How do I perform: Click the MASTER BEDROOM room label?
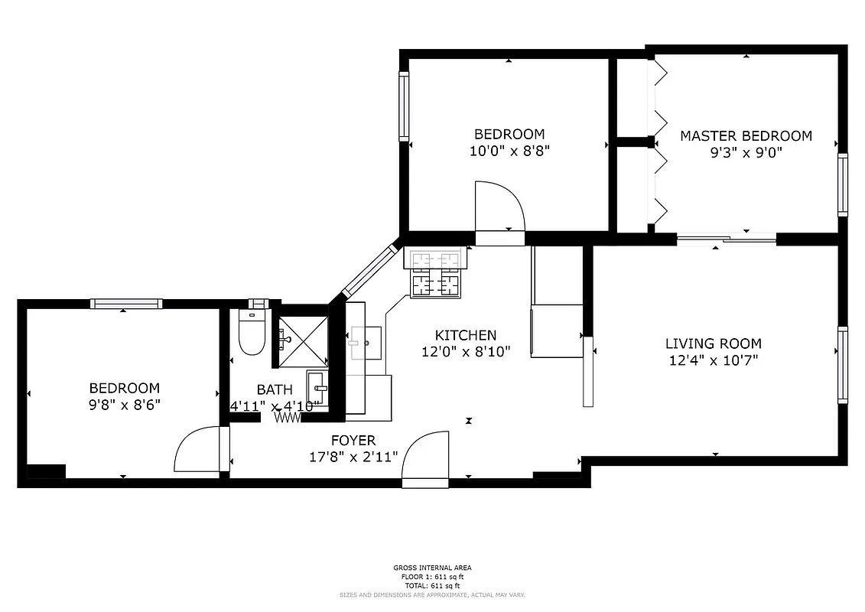746,136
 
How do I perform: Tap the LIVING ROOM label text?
713,344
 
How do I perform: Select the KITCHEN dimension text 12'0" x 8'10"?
465,352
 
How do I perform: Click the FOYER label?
353,441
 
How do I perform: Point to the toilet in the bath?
250,335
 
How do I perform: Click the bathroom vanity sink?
317,389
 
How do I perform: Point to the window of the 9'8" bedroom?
126,304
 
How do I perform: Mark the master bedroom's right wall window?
842,184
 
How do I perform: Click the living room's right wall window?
842,365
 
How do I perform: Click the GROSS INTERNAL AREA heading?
432,568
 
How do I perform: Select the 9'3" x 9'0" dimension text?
746,152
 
